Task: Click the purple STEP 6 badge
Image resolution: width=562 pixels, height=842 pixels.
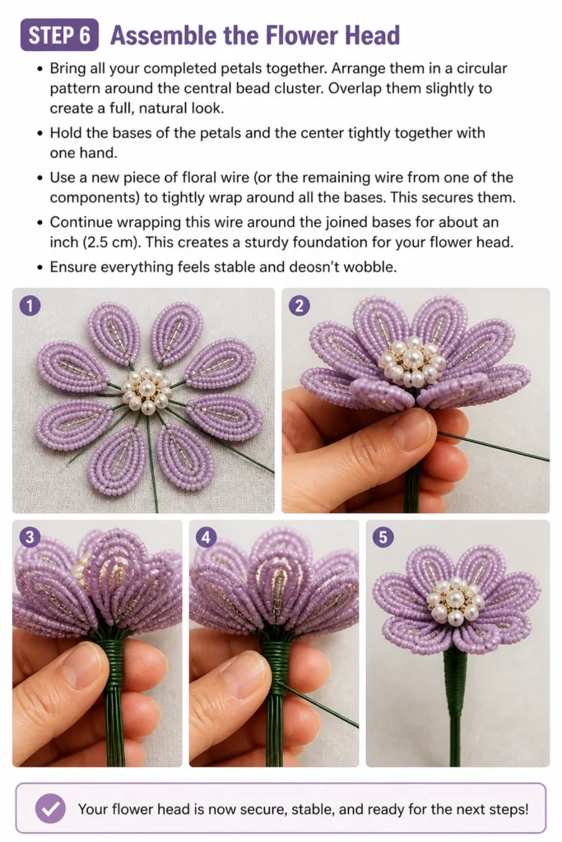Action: (59, 35)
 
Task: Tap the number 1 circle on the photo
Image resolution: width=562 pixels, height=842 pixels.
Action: (30, 306)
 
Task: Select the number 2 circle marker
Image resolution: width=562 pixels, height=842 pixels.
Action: (300, 306)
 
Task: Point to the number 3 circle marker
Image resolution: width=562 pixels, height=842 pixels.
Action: (30, 537)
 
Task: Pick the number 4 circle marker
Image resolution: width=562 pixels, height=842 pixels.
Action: (207, 537)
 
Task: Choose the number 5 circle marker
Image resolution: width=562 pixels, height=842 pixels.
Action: (383, 537)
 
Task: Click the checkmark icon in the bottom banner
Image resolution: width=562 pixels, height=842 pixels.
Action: (50, 809)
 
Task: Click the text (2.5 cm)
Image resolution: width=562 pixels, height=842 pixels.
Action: (112, 243)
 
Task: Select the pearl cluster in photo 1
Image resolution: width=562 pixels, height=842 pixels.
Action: (146, 391)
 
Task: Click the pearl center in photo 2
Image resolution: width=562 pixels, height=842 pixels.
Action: (412, 361)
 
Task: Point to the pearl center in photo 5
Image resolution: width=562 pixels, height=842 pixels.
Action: (455, 599)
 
